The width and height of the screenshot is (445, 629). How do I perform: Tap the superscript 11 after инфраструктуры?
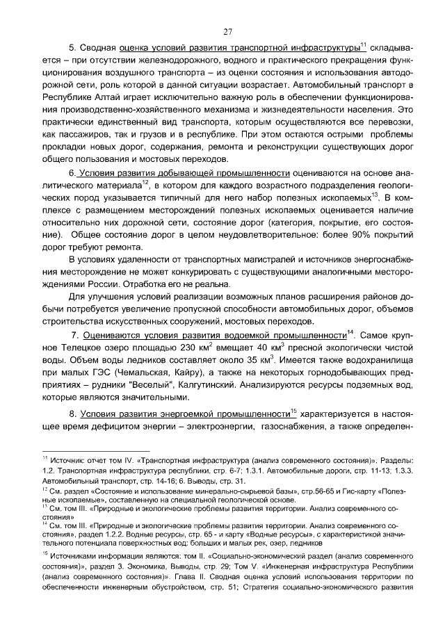coord(363,45)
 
